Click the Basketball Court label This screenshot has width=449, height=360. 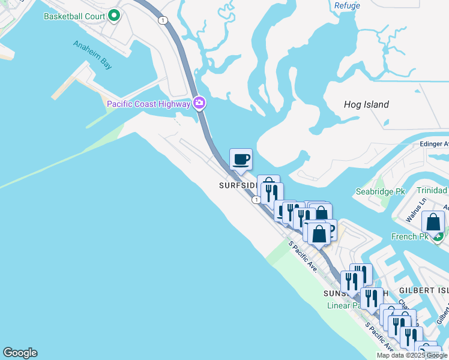pos(74,16)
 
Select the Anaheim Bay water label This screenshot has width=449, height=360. pos(92,55)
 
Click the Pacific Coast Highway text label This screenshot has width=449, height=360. pos(148,104)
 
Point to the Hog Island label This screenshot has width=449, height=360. pos(366,104)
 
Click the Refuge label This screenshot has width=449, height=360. pos(347,6)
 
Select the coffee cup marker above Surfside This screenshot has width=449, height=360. pos(241,160)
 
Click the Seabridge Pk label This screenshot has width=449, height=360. pos(380,191)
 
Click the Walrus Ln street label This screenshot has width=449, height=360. pos(415,210)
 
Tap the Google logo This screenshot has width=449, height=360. pos(20,353)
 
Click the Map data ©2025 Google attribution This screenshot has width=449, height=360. pos(412,355)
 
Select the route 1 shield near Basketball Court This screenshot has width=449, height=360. pos(162,20)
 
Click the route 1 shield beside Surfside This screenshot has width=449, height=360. pos(256,199)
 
